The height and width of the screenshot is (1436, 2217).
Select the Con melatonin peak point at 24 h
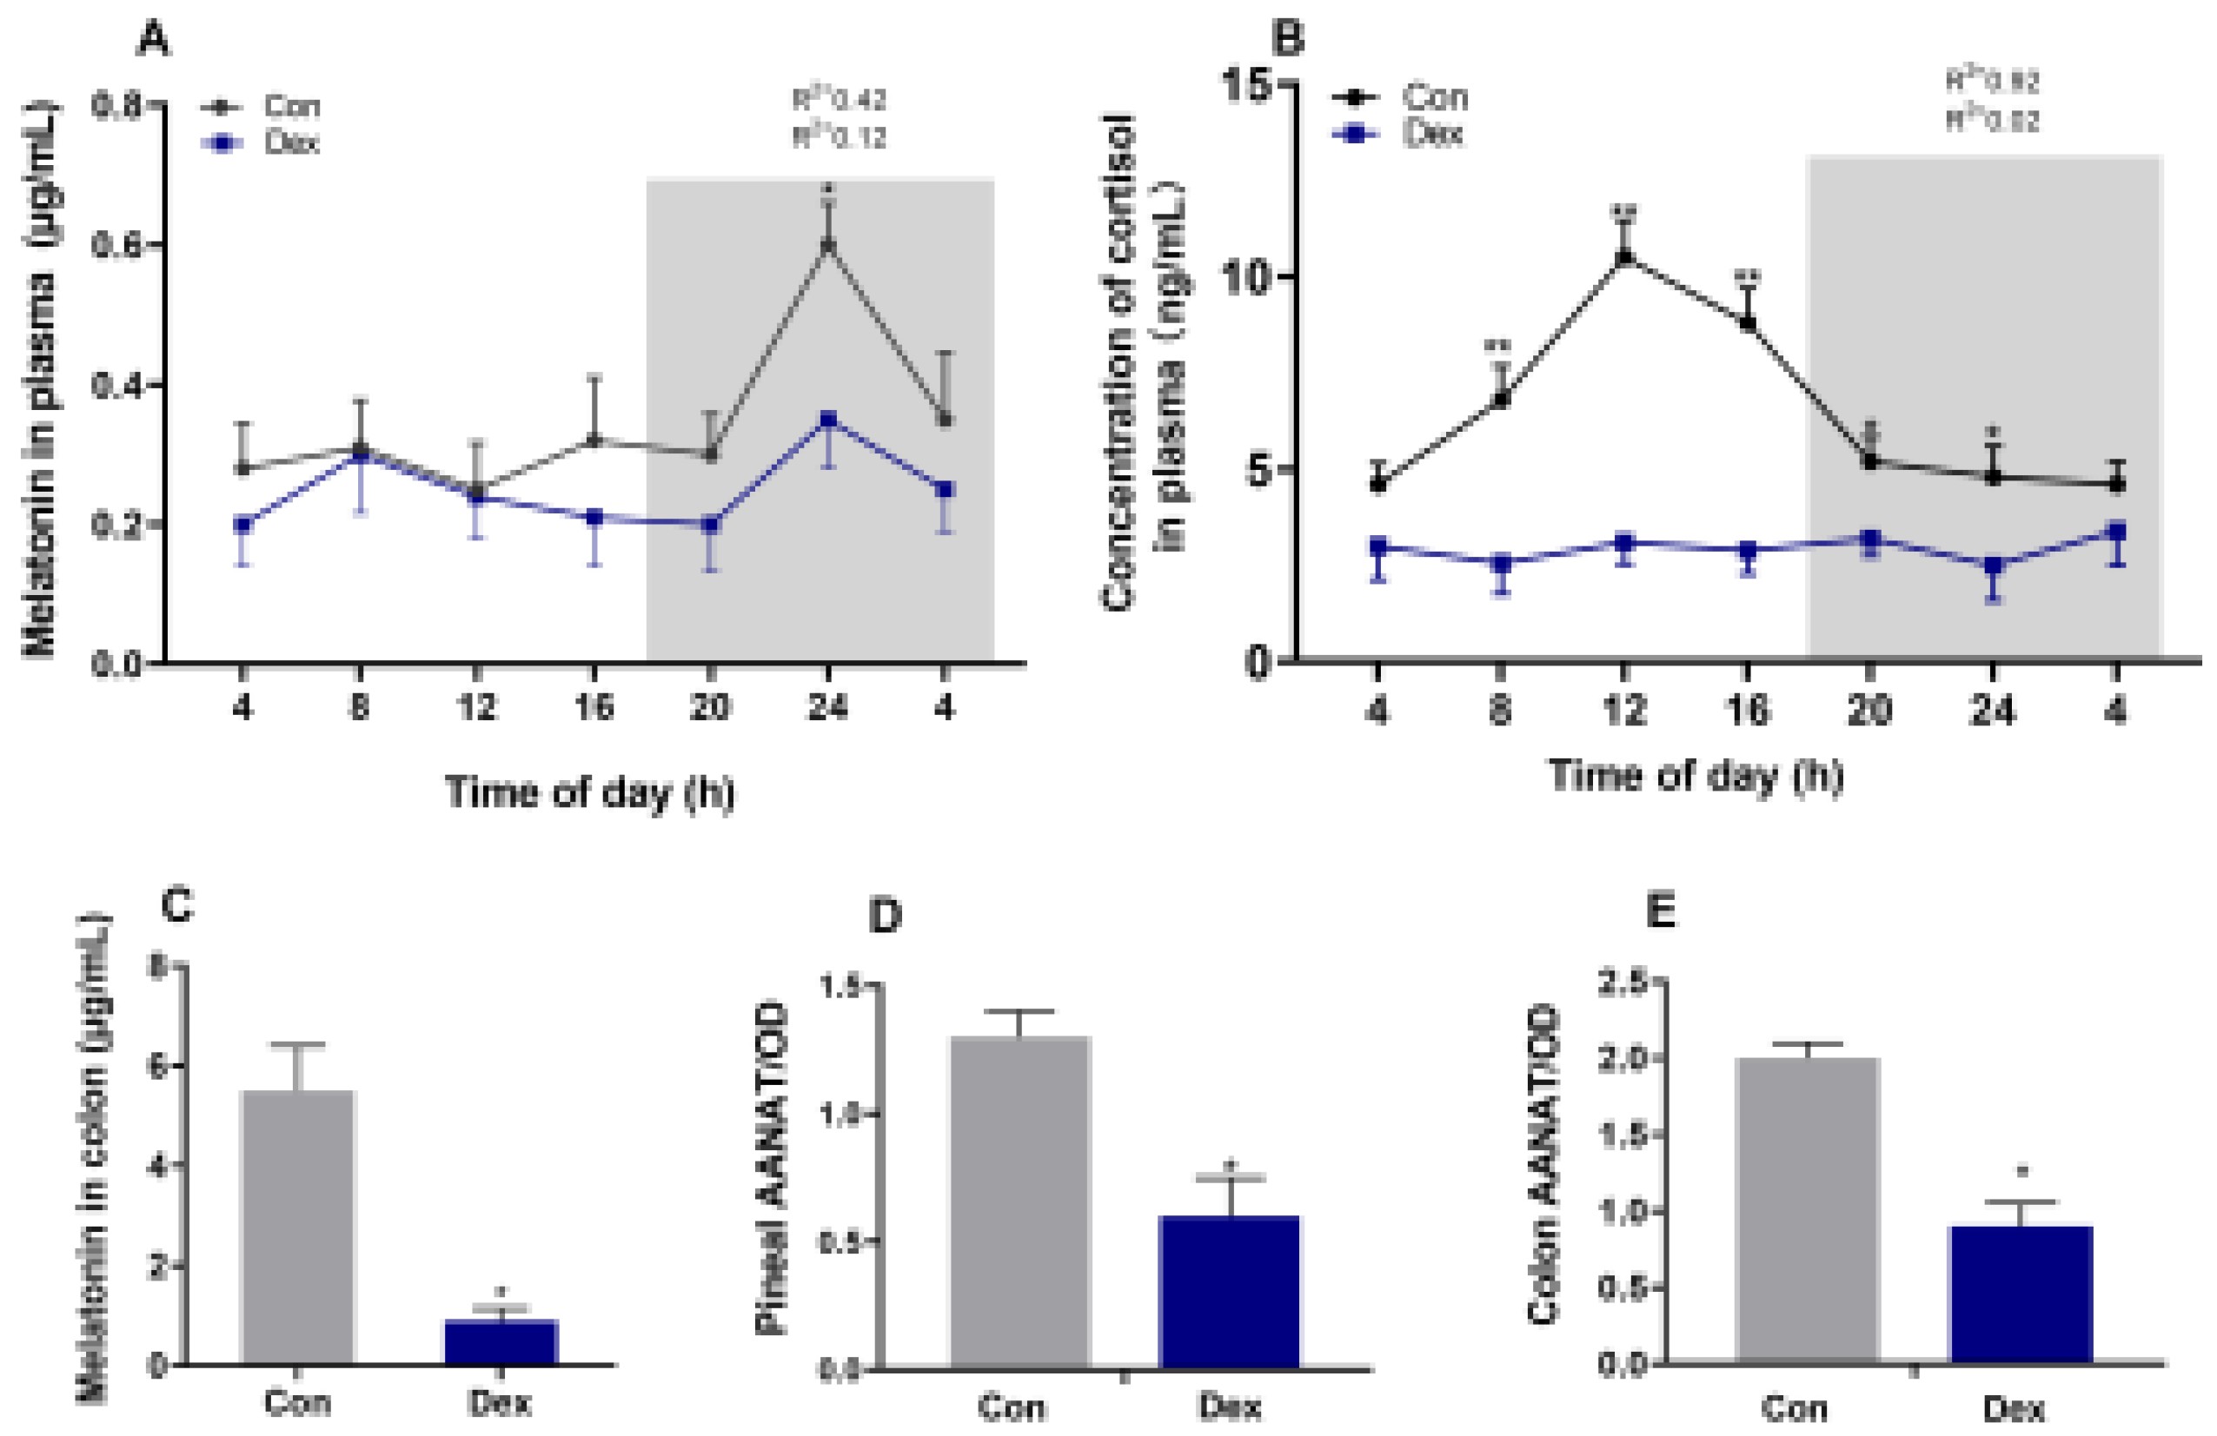(x=827, y=245)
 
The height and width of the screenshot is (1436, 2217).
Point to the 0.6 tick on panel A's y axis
(x=121, y=245)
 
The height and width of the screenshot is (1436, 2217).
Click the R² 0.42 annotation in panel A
(x=839, y=100)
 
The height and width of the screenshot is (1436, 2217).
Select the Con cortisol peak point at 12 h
(x=1624, y=258)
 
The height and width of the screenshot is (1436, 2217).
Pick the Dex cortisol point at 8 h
(x=1501, y=562)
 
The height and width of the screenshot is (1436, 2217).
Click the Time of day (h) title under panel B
(x=1696, y=775)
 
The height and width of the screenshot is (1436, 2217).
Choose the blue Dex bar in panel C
(x=501, y=1341)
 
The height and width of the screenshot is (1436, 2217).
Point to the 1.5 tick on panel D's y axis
(x=838, y=987)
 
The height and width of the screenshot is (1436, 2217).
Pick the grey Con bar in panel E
(x=1807, y=1211)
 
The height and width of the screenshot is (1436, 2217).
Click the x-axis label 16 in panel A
(x=594, y=708)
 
